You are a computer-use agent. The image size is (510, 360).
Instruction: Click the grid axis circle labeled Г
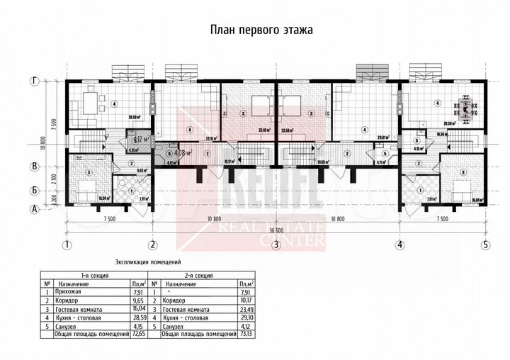pos(33,81)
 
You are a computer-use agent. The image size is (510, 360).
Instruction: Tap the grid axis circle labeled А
pos(33,208)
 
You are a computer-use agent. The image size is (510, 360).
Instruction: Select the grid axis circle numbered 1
pos(66,245)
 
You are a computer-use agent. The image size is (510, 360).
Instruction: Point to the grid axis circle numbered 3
pos(276,245)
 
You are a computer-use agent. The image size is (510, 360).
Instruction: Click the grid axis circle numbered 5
pos(486,245)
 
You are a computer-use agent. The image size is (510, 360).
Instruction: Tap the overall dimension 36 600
pos(276,231)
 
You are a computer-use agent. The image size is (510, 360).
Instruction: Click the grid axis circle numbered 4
pos(400,245)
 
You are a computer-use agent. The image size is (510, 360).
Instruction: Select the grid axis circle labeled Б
pos(33,191)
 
